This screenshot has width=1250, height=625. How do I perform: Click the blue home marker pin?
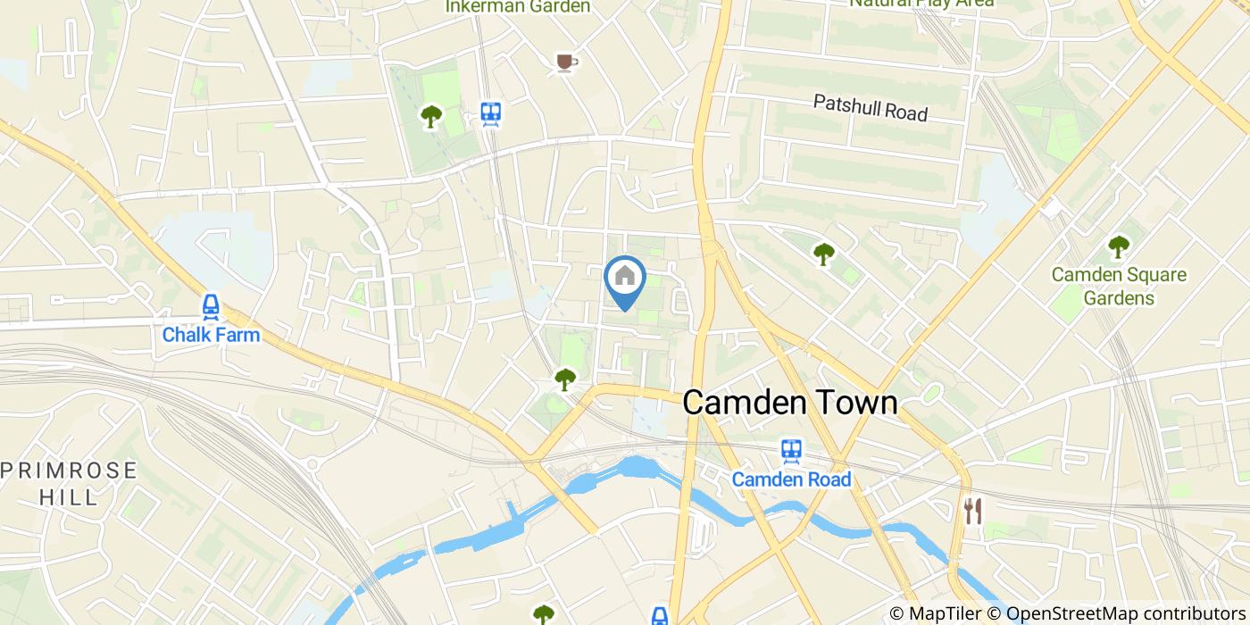tap(625, 279)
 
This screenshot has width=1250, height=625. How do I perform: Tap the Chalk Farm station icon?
tap(211, 307)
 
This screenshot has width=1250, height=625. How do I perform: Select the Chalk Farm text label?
tap(211, 336)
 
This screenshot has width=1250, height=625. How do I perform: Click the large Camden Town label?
tap(789, 403)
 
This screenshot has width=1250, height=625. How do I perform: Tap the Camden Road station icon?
tap(791, 451)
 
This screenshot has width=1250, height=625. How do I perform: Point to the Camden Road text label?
tap(791, 479)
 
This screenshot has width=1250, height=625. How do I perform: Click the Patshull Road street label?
tap(870, 108)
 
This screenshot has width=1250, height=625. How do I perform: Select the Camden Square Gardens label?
tap(1119, 286)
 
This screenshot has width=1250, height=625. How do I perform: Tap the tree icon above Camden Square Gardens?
tap(1118, 246)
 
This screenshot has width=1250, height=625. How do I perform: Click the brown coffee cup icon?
tap(565, 62)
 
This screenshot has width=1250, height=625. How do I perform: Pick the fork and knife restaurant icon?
tap(972, 511)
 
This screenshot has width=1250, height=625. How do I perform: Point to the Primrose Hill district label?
tap(70, 483)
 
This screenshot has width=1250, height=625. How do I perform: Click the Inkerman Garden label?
tap(518, 7)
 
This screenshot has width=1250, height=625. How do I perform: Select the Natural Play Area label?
tap(921, 4)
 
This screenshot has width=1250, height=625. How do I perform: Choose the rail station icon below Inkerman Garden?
tap(490, 113)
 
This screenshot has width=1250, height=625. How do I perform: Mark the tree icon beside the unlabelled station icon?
tap(431, 116)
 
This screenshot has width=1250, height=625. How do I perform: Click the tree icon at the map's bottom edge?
tap(544, 614)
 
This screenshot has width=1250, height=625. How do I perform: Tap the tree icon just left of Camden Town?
tap(564, 379)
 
